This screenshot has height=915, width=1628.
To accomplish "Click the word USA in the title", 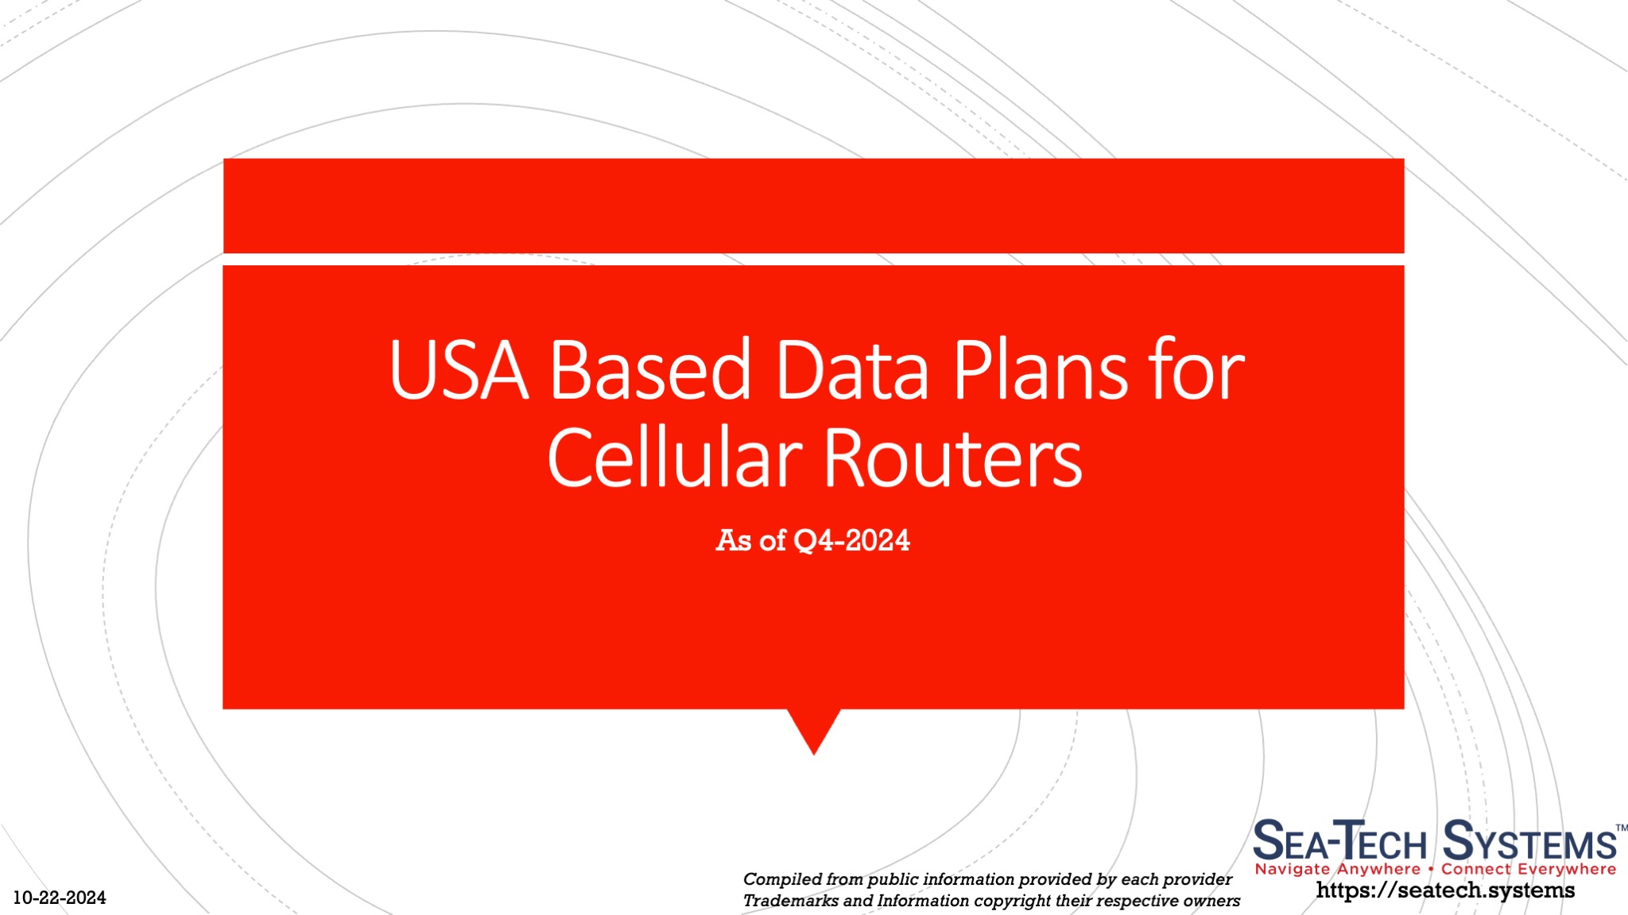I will pos(459,370).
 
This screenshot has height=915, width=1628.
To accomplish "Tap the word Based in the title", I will pos(650,370).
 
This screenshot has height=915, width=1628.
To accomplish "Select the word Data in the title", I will pos(851,370).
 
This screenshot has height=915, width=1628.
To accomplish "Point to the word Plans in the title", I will pos(1041,372).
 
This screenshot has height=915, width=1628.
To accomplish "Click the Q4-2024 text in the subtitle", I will pos(851,541).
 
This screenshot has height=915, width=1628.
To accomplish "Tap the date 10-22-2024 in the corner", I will pos(60,898).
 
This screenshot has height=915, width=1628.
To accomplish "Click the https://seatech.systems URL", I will pos(1445,890).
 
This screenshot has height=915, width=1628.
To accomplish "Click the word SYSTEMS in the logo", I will pos(1529,842).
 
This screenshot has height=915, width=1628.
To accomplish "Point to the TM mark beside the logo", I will pos(1621,828).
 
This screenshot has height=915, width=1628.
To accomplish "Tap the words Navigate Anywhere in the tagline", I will pos(1337,869).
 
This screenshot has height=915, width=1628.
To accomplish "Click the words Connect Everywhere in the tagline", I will pos(1528,869).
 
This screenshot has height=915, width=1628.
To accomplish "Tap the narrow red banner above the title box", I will pos(813,206).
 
